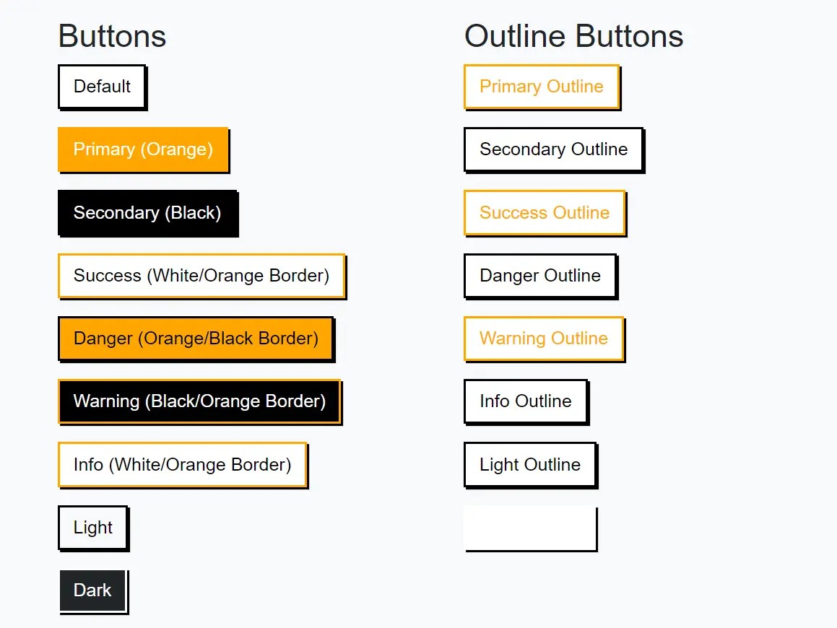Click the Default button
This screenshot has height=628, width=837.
coord(102,87)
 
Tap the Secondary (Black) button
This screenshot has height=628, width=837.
coord(147,213)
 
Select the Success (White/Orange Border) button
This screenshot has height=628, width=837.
coord(201,276)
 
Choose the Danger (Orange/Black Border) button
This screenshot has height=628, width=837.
coord(196,339)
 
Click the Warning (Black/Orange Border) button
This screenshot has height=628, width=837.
coord(199,401)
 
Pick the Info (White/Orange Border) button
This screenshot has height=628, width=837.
coord(182,464)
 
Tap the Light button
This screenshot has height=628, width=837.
coord(92,528)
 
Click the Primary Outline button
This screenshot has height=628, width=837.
coord(541,87)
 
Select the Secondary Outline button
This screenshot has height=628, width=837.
coord(553,149)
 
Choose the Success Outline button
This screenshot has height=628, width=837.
coord(544,213)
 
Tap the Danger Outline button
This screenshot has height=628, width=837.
coord(539,276)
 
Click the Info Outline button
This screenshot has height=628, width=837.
coord(525,401)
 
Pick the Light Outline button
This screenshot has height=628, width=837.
coord(529,465)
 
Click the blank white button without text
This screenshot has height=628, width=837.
coord(530,528)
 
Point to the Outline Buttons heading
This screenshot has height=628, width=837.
coord(573,36)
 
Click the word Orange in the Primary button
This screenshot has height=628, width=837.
coord(176,149)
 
